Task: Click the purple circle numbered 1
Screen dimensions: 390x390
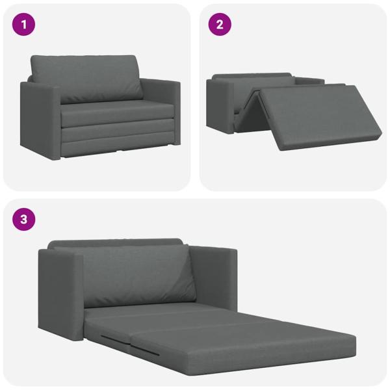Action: point(24,25)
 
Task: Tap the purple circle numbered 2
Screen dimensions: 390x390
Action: point(220,25)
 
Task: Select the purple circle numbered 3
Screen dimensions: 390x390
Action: point(24,220)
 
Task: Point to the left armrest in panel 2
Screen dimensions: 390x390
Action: point(218,104)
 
